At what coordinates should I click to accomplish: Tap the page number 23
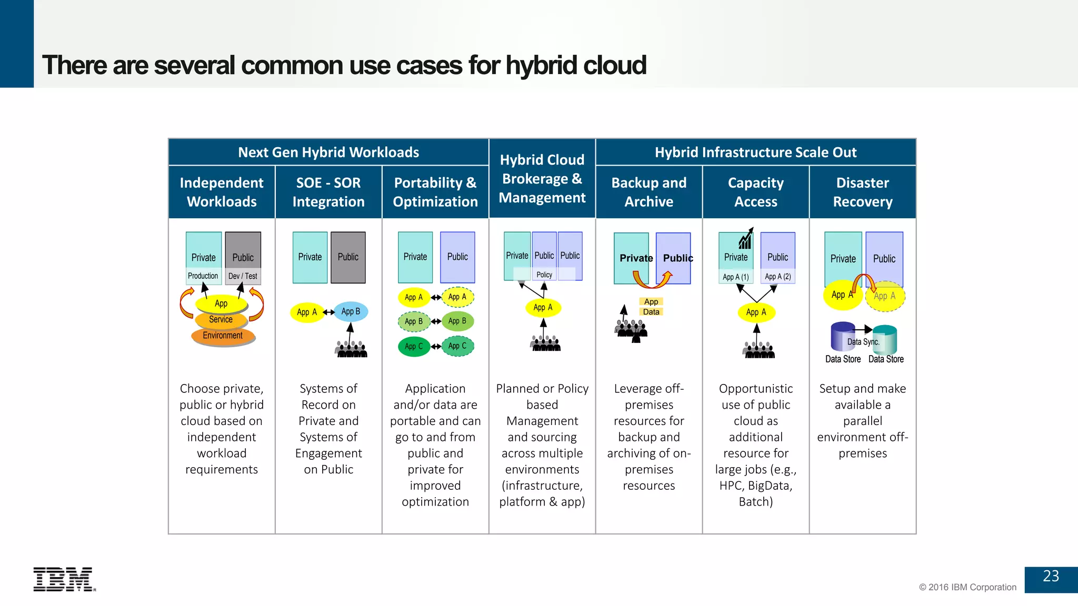pos(1051,577)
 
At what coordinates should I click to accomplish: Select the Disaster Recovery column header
pos(862,192)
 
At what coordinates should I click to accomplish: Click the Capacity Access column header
pos(755,192)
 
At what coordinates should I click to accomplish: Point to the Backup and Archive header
pos(648,192)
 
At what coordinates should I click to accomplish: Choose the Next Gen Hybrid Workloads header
pos(328,153)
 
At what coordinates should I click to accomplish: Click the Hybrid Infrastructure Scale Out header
pos(755,153)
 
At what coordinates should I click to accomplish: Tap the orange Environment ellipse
pos(223,336)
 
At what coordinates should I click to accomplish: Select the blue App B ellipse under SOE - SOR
pos(351,311)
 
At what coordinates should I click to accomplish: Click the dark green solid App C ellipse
pos(414,346)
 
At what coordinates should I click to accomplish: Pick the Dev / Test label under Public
pos(243,276)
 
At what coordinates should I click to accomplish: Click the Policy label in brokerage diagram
pos(544,275)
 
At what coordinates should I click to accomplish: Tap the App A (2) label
pos(777,277)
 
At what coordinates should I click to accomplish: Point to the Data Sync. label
pos(863,342)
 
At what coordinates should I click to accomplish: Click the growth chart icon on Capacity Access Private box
pos(745,240)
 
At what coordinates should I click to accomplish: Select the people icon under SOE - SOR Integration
pos(351,349)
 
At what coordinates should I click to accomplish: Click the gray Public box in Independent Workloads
pos(243,251)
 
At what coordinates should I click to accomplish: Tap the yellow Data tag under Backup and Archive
pos(651,312)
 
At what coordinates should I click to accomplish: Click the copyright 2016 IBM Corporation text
pos(967,587)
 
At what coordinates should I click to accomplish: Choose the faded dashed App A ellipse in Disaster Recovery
pos(885,296)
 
